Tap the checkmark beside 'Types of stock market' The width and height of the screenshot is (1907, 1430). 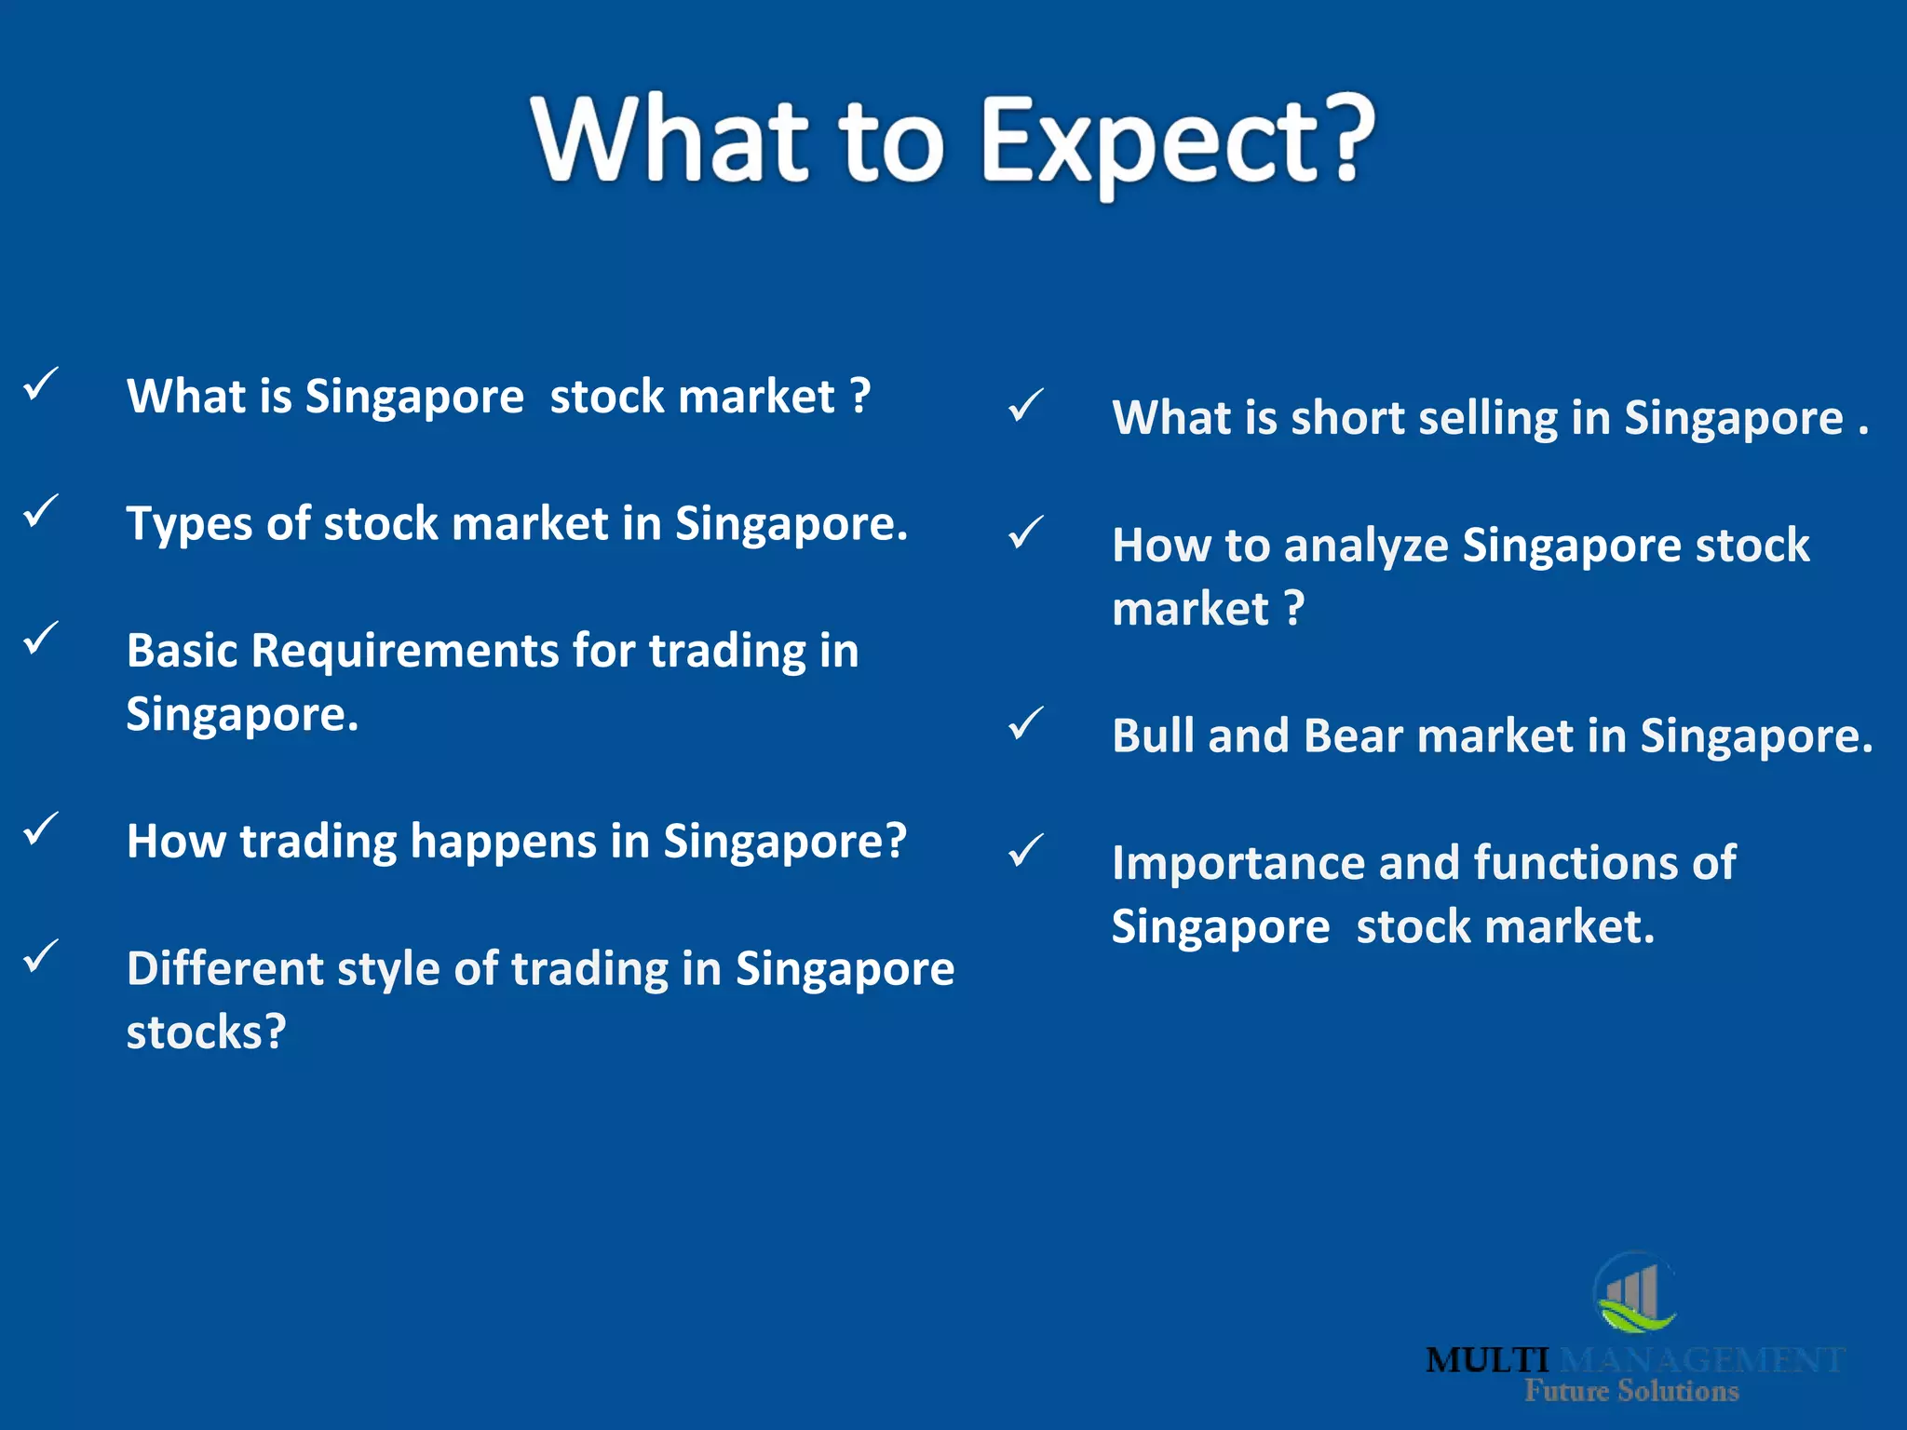(41, 511)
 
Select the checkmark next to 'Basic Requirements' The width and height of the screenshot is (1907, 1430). (41, 639)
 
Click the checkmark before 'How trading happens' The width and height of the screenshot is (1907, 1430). (41, 829)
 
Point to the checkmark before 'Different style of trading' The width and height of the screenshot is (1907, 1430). (41, 956)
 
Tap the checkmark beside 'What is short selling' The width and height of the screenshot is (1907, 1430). (1025, 406)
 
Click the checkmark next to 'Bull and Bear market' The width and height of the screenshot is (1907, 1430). (1025, 723)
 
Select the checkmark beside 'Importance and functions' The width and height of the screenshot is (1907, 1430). (1025, 850)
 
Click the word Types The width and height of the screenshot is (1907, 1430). (189, 525)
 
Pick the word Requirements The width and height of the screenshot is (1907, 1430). (404, 651)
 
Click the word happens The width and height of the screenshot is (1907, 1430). (503, 842)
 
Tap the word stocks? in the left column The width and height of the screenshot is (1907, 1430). (206, 1032)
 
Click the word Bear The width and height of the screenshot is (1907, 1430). (1352, 735)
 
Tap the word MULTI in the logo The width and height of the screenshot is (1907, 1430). (1487, 1360)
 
